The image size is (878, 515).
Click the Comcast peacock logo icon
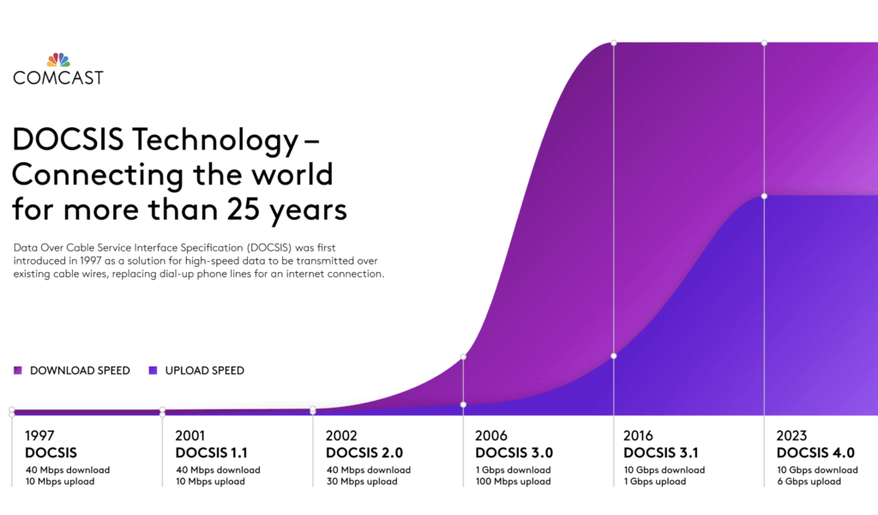(x=58, y=59)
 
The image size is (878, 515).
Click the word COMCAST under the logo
(x=58, y=78)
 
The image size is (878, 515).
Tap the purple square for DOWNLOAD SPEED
(x=18, y=371)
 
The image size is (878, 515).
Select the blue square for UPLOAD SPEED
(x=153, y=371)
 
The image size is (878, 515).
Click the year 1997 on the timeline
(x=40, y=435)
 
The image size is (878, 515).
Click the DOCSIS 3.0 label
(x=514, y=452)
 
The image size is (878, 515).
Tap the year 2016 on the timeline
(x=640, y=435)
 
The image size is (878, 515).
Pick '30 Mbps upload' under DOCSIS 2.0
(x=362, y=482)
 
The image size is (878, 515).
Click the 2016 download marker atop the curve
(x=614, y=42)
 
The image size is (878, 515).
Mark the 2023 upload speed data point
(x=764, y=196)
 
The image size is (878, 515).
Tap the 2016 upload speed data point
(x=614, y=355)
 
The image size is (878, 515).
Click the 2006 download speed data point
(x=463, y=356)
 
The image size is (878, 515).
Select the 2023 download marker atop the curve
(x=764, y=42)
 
